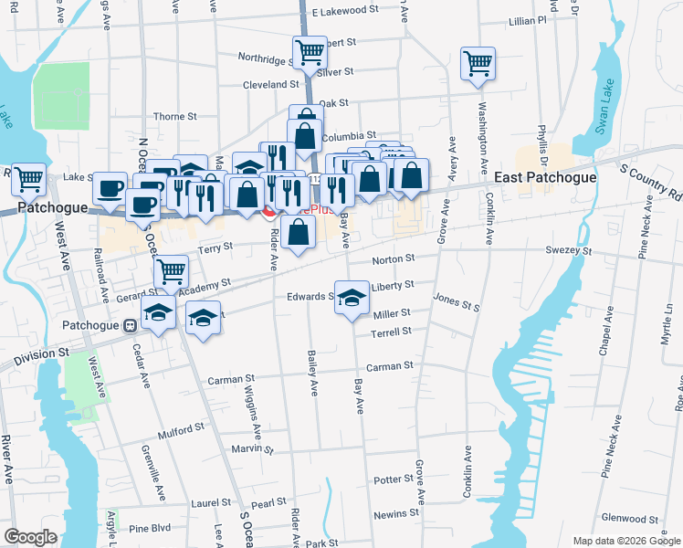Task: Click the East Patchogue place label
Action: coord(545,177)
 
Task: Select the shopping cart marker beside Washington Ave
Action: coord(478,64)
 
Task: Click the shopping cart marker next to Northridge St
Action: coord(310,52)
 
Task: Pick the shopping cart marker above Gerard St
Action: coord(171,271)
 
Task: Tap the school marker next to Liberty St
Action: coord(352,298)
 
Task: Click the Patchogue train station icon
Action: coord(130,325)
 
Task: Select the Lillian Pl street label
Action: coord(528,19)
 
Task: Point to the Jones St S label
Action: coord(457,303)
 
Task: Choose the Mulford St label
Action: coord(181,428)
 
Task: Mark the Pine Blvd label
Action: coord(150,528)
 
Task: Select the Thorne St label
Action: coord(174,117)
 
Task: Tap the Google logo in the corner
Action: coord(30,537)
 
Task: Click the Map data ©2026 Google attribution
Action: coord(626,541)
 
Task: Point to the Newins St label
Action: coord(395,514)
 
